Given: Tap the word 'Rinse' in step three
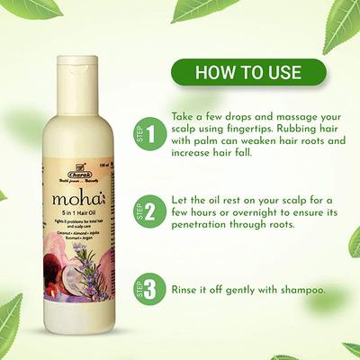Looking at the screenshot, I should (x=185, y=291).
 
